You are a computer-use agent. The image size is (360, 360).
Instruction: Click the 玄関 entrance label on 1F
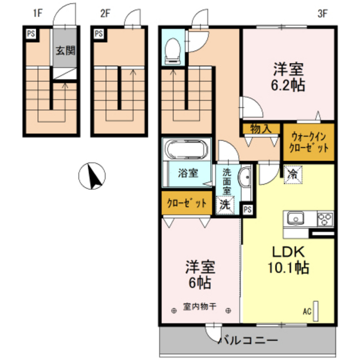click(66, 50)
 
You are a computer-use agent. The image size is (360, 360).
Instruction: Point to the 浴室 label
click(188, 173)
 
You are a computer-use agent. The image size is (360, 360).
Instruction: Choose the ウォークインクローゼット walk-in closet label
click(309, 142)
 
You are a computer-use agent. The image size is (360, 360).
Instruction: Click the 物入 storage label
click(261, 129)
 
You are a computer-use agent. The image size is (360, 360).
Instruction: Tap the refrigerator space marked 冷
click(293, 174)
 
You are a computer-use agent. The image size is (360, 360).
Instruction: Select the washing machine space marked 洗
click(225, 205)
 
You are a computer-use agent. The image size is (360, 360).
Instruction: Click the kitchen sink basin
click(296, 218)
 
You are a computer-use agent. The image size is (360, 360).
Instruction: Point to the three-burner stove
click(325, 219)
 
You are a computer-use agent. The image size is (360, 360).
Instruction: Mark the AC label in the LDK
click(307, 311)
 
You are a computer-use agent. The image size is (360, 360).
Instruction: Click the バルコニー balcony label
click(248, 340)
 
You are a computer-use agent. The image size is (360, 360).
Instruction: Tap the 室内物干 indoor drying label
click(200, 307)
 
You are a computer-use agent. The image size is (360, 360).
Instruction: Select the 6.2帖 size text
click(288, 85)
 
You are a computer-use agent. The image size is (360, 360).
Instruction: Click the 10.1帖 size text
click(289, 267)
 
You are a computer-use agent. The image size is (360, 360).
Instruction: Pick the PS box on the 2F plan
click(99, 33)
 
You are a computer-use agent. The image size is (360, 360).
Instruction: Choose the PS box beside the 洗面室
click(248, 210)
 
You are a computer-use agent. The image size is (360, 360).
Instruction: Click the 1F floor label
click(38, 14)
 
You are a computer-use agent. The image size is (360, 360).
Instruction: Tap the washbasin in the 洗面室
click(245, 177)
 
